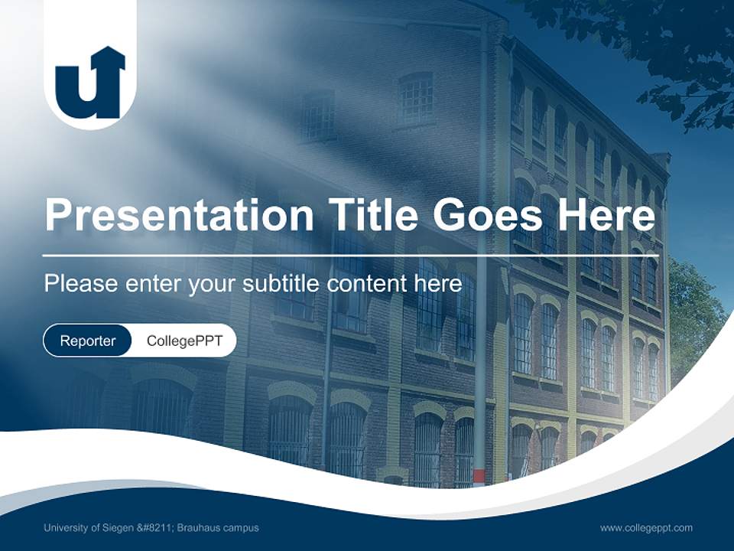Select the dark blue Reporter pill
tap(87, 341)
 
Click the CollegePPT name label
tap(184, 341)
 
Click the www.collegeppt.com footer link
tap(646, 527)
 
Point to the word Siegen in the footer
tap(115, 527)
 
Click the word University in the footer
tap(67, 527)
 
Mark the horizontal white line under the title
tap(344, 255)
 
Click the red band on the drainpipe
tap(479, 477)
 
